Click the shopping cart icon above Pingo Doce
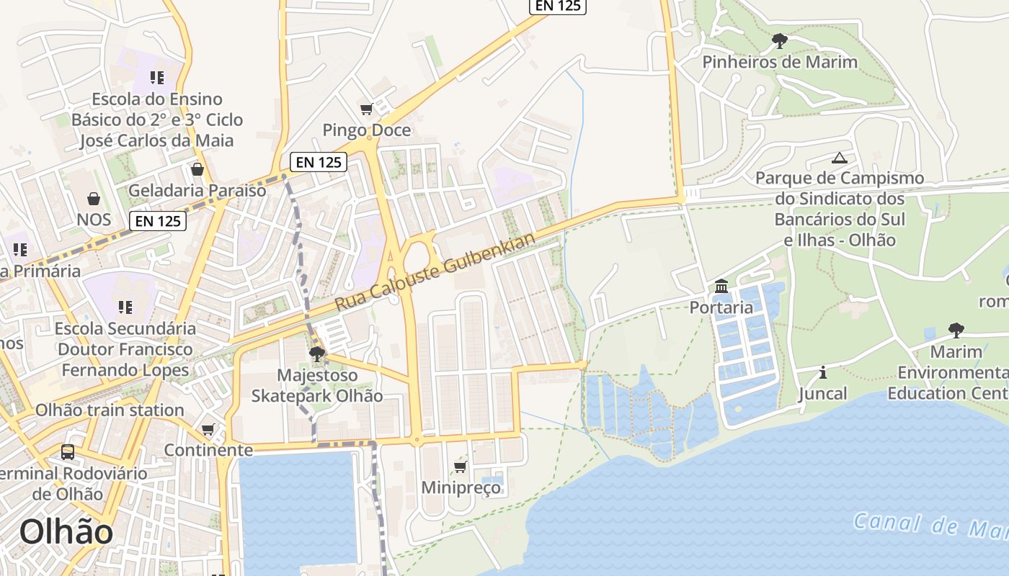click(x=367, y=109)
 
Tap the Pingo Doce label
click(x=367, y=130)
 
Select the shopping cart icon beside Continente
click(x=208, y=430)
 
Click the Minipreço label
click(x=461, y=487)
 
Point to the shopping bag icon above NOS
click(x=93, y=199)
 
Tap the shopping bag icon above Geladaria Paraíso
click(x=197, y=170)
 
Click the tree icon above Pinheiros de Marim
click(x=779, y=41)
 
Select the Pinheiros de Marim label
click(x=780, y=62)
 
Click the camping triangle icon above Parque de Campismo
click(x=839, y=158)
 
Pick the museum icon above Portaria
click(x=721, y=287)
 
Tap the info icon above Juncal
click(x=822, y=373)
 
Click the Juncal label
click(x=822, y=394)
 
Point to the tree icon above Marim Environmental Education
click(x=956, y=330)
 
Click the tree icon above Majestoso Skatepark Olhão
click(x=316, y=354)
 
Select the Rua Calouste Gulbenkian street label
click(x=436, y=272)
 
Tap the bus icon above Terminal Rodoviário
click(x=67, y=452)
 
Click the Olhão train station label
click(x=110, y=410)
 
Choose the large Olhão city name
click(x=66, y=532)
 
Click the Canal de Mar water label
click(x=930, y=525)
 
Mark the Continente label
click(x=208, y=451)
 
